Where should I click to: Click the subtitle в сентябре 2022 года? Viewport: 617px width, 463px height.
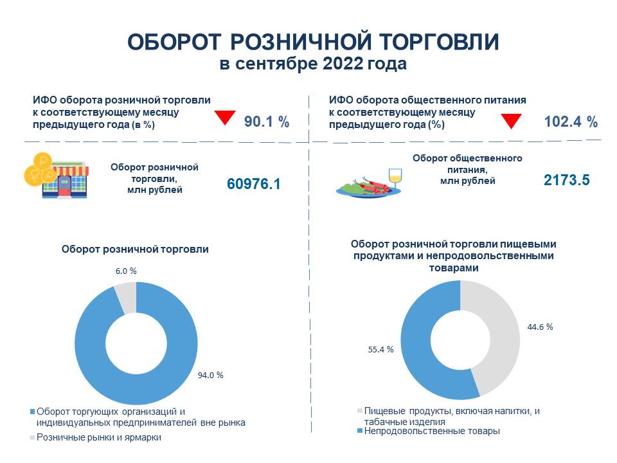click(x=312, y=65)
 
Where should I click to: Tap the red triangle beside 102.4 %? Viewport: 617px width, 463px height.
click(x=510, y=120)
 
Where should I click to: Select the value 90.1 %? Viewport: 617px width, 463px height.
click(x=266, y=121)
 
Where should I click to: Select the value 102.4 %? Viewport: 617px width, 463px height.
click(x=571, y=121)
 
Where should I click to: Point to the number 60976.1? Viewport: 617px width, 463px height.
click(x=254, y=184)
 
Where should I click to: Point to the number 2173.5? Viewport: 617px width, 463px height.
click(x=566, y=181)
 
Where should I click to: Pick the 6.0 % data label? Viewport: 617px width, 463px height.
click(x=126, y=271)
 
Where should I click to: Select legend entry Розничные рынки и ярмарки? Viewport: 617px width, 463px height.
click(x=98, y=437)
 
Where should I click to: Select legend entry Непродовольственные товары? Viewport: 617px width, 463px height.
click(x=431, y=431)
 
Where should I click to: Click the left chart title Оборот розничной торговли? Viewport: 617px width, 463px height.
click(x=135, y=250)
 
